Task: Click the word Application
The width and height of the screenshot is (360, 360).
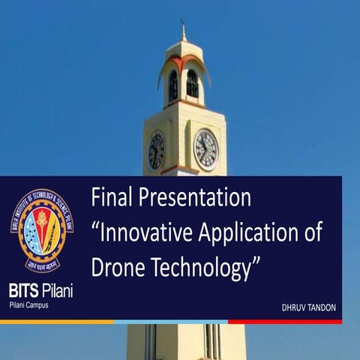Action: (x=252, y=233)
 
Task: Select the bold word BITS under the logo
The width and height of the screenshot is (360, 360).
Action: (x=25, y=289)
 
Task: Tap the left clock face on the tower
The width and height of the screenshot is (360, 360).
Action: (x=157, y=150)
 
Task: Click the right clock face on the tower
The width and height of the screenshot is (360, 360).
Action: (x=205, y=149)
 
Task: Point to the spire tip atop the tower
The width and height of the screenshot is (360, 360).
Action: (x=184, y=26)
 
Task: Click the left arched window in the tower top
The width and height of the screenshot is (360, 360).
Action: (x=173, y=86)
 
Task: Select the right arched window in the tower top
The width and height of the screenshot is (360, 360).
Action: (x=193, y=84)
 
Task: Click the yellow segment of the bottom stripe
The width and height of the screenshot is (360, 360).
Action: (x=56, y=322)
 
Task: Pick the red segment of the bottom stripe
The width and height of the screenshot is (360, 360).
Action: (x=285, y=322)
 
